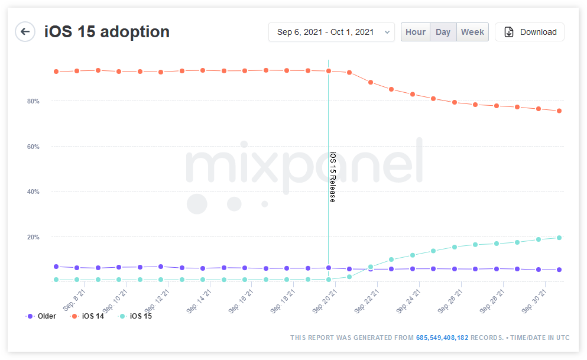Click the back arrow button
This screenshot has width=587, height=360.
coord(25,32)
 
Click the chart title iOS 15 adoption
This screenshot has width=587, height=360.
coord(107,32)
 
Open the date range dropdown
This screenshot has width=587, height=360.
coord(331,32)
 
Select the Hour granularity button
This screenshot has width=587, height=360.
coord(416,32)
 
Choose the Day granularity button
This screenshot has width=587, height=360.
coord(443,32)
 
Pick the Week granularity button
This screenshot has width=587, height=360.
coord(472,32)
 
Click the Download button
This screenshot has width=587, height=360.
coord(530,32)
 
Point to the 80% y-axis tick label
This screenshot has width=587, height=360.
coord(33,101)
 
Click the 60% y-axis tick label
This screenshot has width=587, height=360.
coord(33,147)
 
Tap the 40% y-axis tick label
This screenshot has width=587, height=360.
coord(33,192)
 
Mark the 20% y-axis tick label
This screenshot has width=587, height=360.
coord(33,237)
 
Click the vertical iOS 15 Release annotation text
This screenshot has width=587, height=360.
coord(332,177)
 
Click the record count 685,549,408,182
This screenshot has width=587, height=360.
coord(443,338)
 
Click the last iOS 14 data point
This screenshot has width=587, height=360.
coord(559,111)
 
